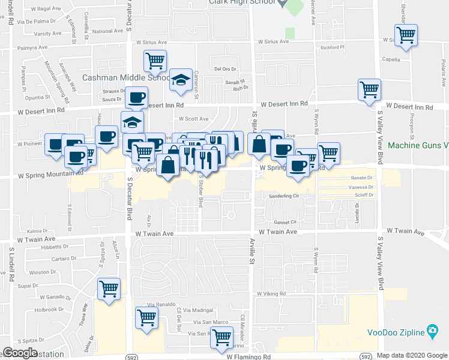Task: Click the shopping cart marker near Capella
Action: pos(406,36)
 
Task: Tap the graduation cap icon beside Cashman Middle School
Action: pos(179,80)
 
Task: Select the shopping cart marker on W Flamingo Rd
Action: pos(221,337)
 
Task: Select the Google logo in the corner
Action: pos(19,353)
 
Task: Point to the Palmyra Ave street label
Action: pos(32,47)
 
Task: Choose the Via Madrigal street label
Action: pos(198,310)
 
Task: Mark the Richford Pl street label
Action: pos(334,47)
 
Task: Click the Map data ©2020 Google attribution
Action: pos(411,355)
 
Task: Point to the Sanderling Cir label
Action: pos(285,196)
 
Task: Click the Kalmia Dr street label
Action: pos(37,230)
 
